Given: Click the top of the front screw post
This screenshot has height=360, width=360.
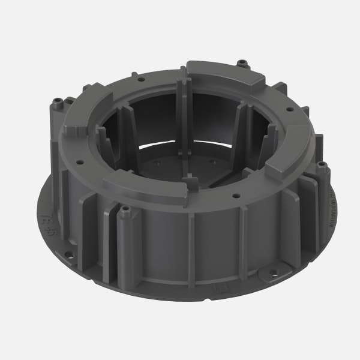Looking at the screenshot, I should point(125,209).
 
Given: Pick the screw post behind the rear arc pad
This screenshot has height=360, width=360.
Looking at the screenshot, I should point(242,62).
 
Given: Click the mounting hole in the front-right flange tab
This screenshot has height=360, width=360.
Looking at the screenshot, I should point(274,271).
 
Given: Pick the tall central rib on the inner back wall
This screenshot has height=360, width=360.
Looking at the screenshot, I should point(184,114).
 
